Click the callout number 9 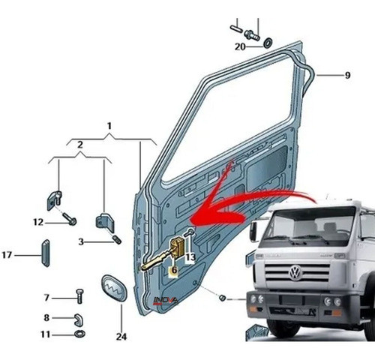[x=347, y=75]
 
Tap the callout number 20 [x=239, y=46]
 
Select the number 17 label [x=7, y=255]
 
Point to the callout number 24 [x=121, y=337]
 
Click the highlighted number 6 [x=173, y=269]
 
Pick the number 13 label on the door [x=190, y=257]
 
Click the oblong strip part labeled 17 [x=44, y=253]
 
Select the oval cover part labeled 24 [x=112, y=288]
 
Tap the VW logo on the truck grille [x=294, y=273]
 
